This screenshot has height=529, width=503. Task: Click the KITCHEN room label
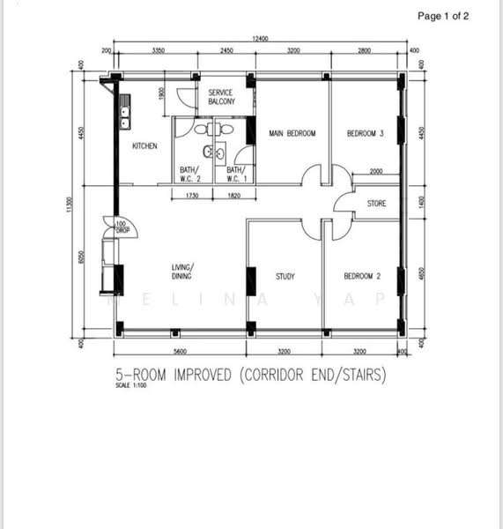[x=144, y=145]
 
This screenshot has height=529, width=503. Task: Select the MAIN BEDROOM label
[x=292, y=134]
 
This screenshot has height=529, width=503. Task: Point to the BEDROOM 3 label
[x=365, y=134]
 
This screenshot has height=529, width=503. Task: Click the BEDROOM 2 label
[x=362, y=276]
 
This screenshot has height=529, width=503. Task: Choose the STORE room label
[x=376, y=204]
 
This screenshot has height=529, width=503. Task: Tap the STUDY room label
[x=285, y=276]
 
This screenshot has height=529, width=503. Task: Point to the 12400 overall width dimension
[x=260, y=39]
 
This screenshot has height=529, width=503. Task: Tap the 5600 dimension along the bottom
[x=181, y=352]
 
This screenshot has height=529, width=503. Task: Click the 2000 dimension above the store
[x=375, y=171]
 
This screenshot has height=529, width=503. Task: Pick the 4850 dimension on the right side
[x=420, y=273]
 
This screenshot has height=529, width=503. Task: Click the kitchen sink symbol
[x=125, y=114]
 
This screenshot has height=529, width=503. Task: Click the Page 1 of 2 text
[x=443, y=16]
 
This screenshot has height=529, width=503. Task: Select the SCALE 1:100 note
[x=129, y=385]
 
